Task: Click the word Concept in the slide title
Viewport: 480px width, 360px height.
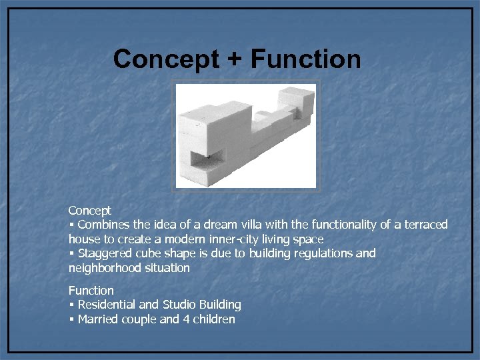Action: tap(166, 59)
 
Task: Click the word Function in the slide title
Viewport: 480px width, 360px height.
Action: tap(306, 59)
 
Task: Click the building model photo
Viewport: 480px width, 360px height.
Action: tap(245, 136)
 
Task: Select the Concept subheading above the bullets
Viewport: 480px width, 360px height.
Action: tap(90, 211)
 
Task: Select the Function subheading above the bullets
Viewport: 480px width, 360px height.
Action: tap(91, 291)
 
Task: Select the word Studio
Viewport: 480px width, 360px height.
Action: tap(177, 305)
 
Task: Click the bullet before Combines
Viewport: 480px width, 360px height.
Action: tap(71, 225)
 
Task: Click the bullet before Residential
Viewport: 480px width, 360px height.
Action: tap(71, 305)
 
